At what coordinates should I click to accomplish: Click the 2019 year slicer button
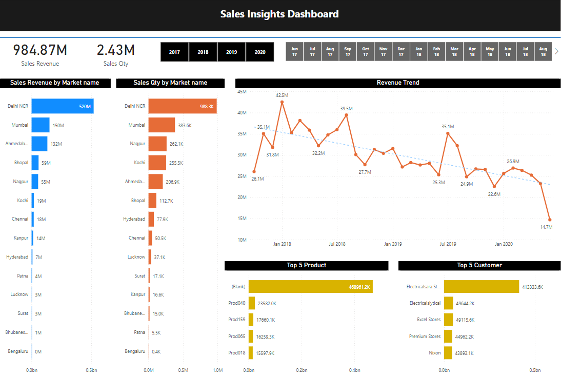(231, 52)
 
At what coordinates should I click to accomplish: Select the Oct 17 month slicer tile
(366, 51)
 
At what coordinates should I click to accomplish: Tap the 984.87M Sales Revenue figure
(40, 50)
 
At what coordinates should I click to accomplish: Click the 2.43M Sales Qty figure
(116, 50)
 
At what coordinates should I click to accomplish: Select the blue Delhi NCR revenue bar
(62, 107)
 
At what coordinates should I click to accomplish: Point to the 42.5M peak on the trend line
(282, 102)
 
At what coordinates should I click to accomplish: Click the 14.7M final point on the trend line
(550, 220)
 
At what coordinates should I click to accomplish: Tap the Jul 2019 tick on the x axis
(448, 244)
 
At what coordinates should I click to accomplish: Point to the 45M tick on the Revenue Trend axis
(242, 91)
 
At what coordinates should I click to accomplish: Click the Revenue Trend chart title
(398, 83)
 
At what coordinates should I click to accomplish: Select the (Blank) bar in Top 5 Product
(310, 287)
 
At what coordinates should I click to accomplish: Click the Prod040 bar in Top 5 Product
(252, 303)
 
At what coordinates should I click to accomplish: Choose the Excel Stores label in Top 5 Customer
(429, 320)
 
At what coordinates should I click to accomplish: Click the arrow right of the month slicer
(556, 51)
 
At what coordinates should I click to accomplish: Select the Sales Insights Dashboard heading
(279, 14)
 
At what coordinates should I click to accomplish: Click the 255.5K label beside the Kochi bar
(176, 163)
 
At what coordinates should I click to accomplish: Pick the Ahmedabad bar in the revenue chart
(39, 144)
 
